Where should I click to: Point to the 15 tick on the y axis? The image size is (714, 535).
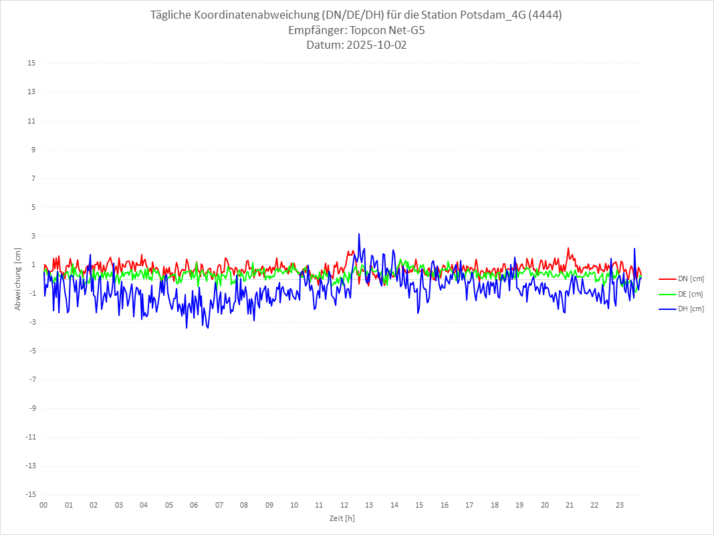(31, 63)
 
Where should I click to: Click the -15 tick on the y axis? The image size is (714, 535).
(30, 494)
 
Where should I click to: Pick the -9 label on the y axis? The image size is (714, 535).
(31, 408)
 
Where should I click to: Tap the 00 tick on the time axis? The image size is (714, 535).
(43, 505)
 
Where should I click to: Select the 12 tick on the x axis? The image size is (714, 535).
(344, 505)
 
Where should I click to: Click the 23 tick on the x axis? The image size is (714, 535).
(620, 505)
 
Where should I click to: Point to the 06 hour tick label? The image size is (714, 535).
(194, 505)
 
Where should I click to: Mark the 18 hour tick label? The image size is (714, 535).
(495, 505)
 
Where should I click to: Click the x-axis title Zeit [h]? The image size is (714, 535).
(342, 518)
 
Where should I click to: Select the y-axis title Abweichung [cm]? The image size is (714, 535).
(18, 279)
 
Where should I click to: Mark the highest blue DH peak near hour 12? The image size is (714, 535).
(359, 234)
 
